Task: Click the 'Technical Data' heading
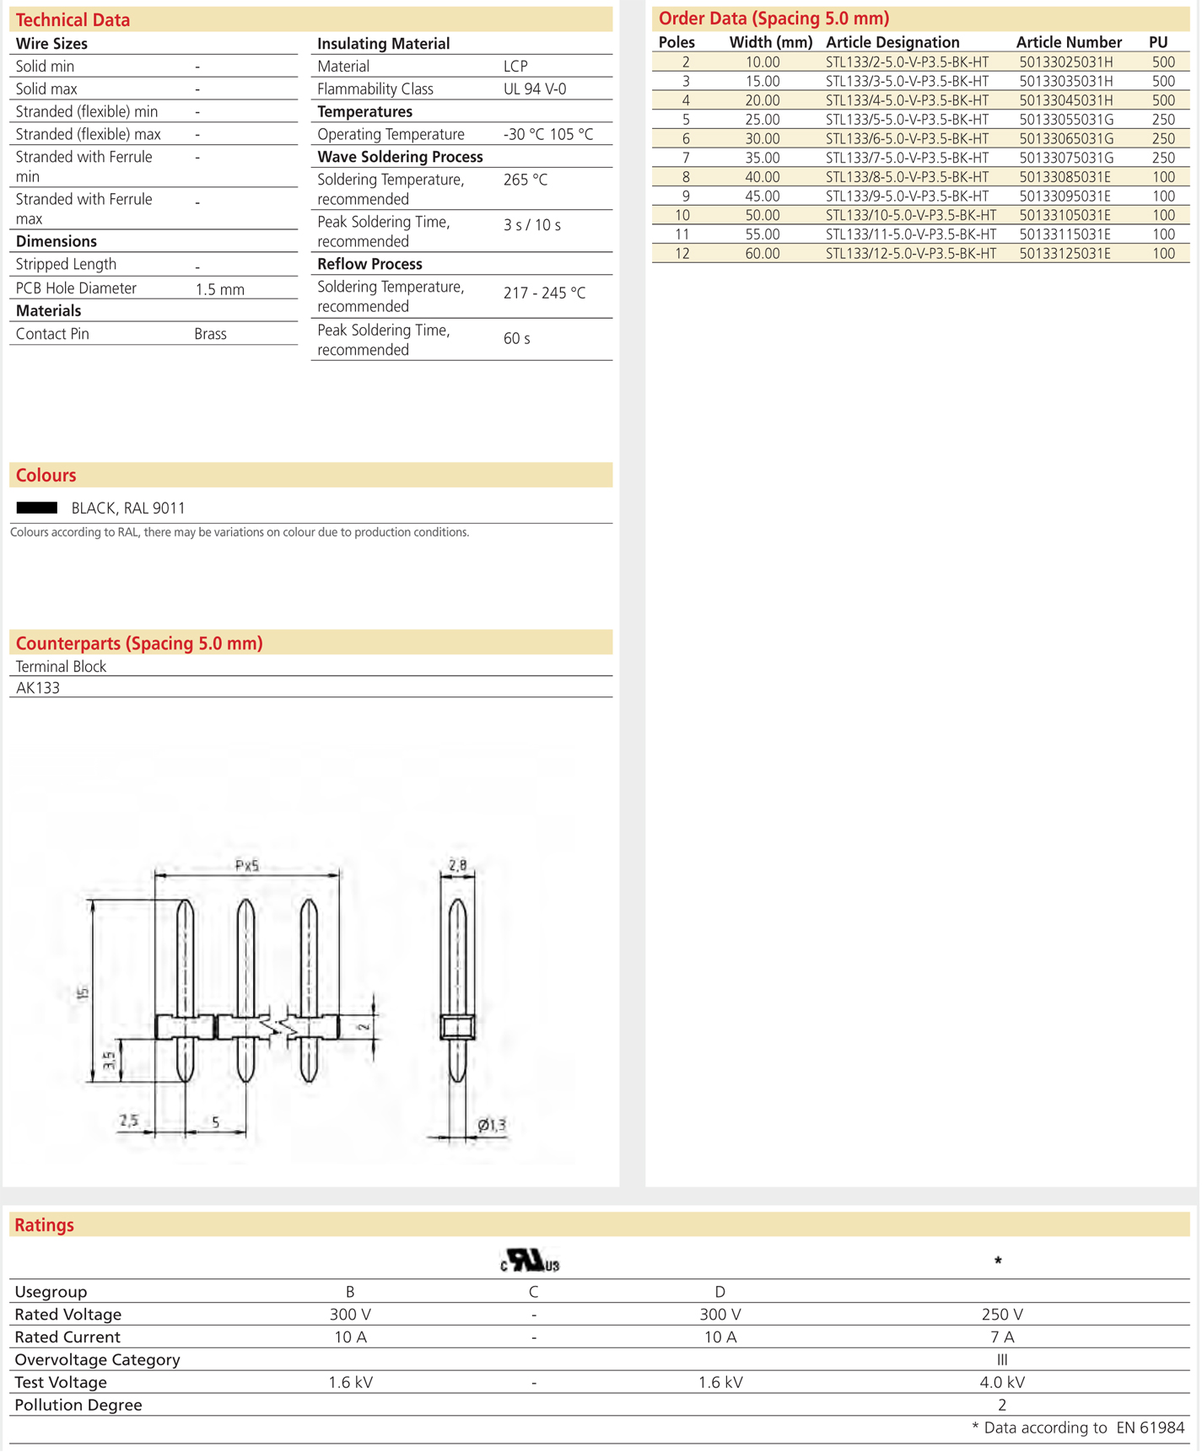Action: (x=73, y=20)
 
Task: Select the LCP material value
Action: (x=515, y=67)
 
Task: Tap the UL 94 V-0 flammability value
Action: (x=534, y=89)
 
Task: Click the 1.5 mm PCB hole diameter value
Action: (x=219, y=289)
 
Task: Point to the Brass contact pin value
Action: (x=210, y=334)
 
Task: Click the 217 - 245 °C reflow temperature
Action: (x=544, y=293)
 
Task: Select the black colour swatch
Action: (x=37, y=508)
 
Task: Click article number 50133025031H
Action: (x=1065, y=62)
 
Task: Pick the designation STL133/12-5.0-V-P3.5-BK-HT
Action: (x=910, y=254)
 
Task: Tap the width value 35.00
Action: (x=762, y=159)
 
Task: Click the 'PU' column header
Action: (x=1157, y=42)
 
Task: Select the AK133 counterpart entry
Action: (x=38, y=688)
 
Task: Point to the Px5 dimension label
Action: (x=246, y=865)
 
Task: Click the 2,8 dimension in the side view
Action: (x=457, y=865)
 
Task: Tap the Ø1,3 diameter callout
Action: (x=491, y=1125)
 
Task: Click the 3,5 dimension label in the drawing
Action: (x=110, y=1061)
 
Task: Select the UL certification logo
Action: (x=530, y=1261)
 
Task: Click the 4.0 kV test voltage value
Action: (x=1001, y=1383)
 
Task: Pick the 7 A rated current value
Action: (x=1001, y=1337)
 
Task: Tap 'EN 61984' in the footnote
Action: (x=1150, y=1428)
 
